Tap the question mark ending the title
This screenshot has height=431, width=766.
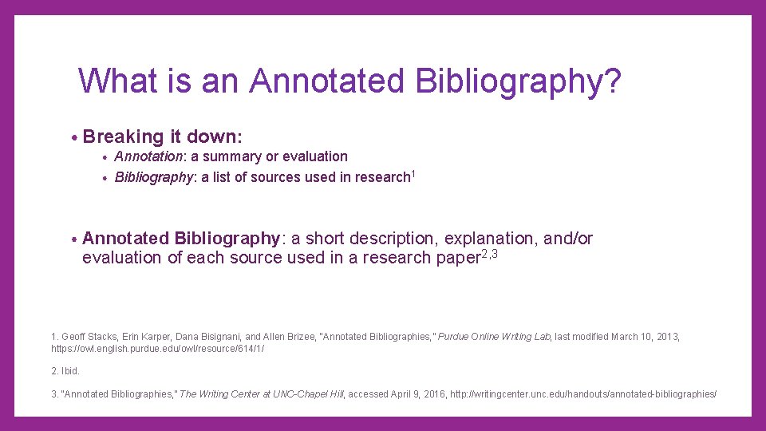(x=611, y=81)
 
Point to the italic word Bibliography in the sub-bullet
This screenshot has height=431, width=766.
(x=153, y=177)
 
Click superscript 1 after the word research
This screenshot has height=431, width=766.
(x=413, y=173)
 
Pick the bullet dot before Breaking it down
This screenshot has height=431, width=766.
(x=73, y=137)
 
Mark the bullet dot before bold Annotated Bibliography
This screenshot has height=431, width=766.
(x=73, y=239)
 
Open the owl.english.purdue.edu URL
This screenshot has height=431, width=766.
(x=157, y=349)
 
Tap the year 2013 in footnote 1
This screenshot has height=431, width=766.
(x=667, y=337)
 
